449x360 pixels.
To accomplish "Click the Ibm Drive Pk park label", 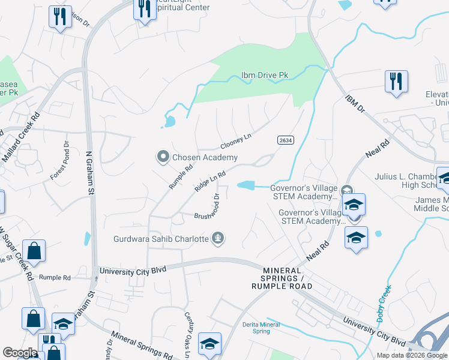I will [x=265, y=75].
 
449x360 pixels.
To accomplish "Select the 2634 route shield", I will [x=285, y=139].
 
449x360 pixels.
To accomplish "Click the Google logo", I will [x=20, y=353].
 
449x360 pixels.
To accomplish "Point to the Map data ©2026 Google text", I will [x=411, y=355].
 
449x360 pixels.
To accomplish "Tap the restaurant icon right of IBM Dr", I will [x=396, y=81].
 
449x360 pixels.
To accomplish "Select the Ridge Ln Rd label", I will [x=210, y=182].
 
